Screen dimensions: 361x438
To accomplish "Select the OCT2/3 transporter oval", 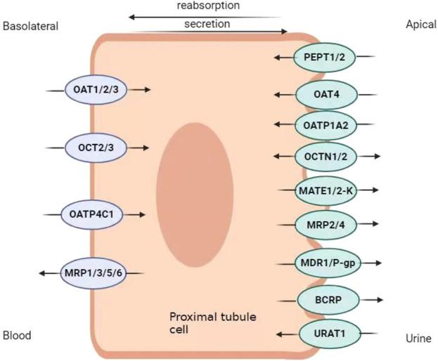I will [x=96, y=147].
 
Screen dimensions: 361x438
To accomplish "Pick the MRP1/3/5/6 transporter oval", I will [x=92, y=273].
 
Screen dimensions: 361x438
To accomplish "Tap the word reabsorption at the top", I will [x=208, y=6].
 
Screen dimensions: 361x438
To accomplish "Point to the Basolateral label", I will [x=30, y=27].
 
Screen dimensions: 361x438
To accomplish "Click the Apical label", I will [x=421, y=25].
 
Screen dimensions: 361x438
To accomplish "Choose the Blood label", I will [x=17, y=336].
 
